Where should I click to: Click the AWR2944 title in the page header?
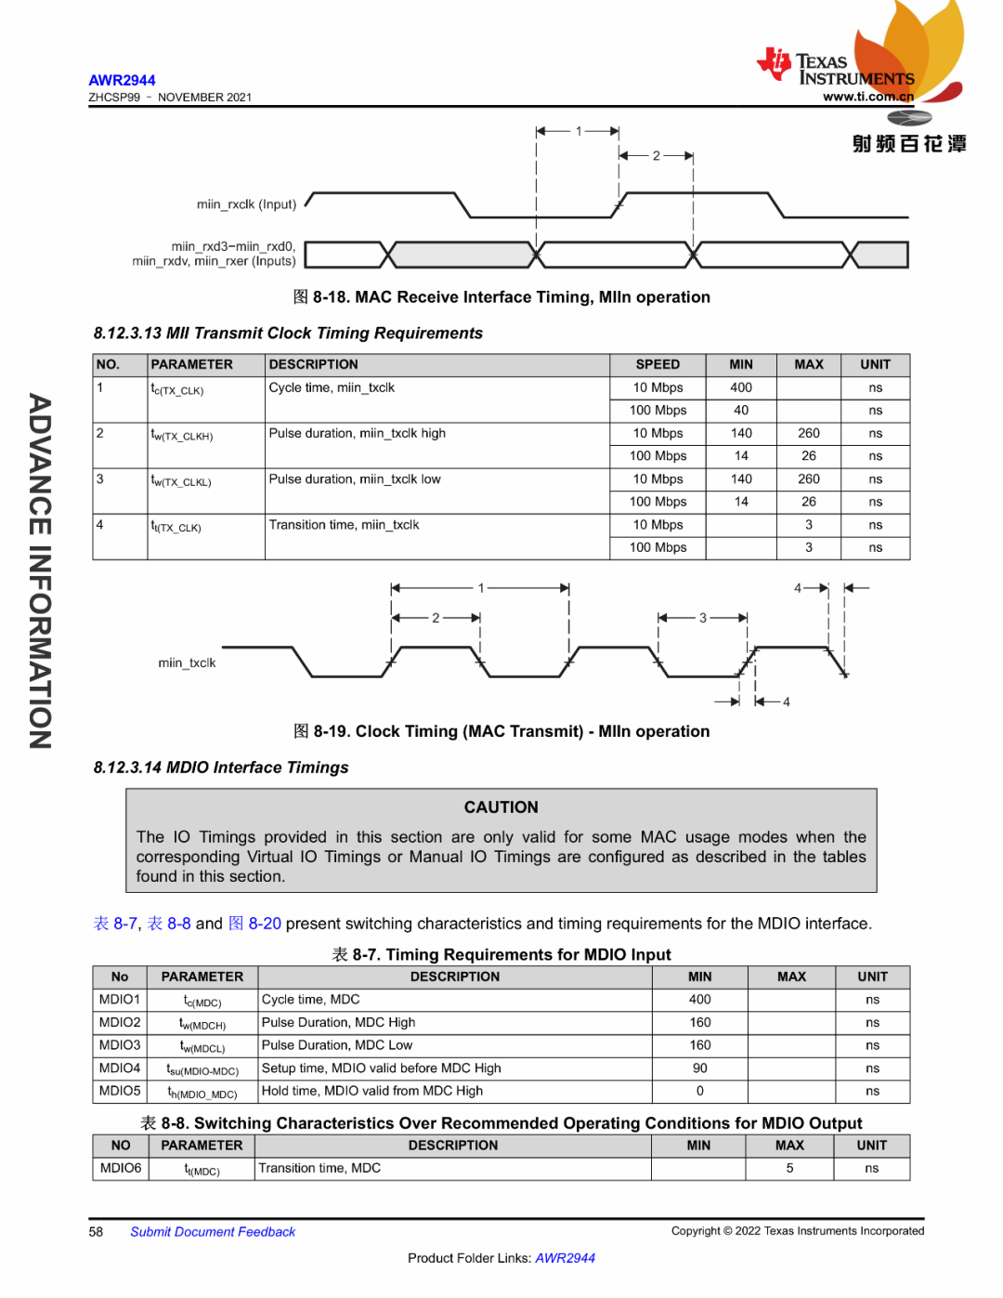click(122, 81)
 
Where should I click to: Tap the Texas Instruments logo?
click(836, 68)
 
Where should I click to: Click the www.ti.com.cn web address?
click(867, 97)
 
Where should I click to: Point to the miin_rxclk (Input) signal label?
click(246, 204)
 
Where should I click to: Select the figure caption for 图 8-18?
click(501, 297)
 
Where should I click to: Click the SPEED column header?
click(658, 365)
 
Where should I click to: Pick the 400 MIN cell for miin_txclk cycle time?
click(741, 387)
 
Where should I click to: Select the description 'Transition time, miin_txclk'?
click(344, 525)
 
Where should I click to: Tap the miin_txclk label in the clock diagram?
click(187, 663)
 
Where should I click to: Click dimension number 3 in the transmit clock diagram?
click(703, 618)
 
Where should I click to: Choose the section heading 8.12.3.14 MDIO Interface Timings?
click(221, 767)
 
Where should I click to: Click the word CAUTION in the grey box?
click(501, 807)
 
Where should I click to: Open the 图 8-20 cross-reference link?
click(254, 924)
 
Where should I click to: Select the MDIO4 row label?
click(120, 1069)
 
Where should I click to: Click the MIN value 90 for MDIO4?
click(700, 1069)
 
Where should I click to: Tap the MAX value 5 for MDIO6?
click(789, 1169)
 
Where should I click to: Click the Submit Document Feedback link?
click(213, 1232)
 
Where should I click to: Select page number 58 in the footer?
click(96, 1232)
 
